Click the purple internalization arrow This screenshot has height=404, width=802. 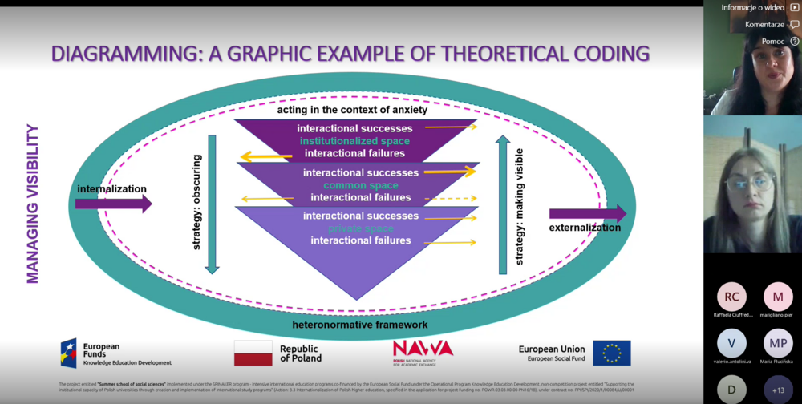click(113, 204)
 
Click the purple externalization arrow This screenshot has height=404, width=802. click(587, 213)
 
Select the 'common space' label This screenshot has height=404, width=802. click(361, 185)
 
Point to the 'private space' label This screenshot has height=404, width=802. click(360, 228)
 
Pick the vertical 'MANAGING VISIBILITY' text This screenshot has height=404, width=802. click(33, 204)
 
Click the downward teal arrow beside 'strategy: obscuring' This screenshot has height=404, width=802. click(212, 204)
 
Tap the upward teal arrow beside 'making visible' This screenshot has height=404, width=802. click(503, 204)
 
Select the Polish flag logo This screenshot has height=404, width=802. click(253, 353)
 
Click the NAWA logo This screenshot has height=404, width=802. click(423, 350)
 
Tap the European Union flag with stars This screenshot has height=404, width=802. click(611, 353)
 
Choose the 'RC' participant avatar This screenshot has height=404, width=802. click(731, 297)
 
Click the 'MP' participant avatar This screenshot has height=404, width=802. click(778, 343)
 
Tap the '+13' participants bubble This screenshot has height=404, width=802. click(778, 390)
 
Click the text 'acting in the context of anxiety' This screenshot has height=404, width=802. click(353, 110)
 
